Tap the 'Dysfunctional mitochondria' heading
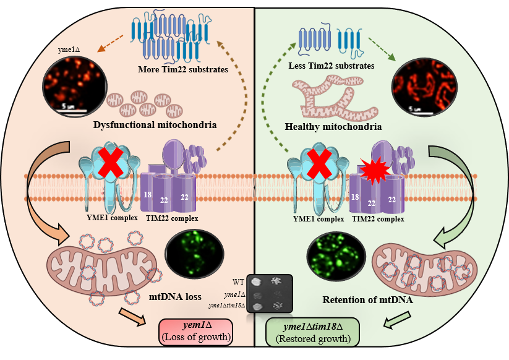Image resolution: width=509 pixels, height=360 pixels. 154,126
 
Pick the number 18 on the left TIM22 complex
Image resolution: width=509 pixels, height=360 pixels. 148,194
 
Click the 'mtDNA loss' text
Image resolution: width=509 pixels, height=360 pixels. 176,296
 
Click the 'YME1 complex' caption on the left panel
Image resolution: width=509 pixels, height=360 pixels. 108,218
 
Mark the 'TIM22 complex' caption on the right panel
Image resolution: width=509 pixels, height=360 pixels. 377,218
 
